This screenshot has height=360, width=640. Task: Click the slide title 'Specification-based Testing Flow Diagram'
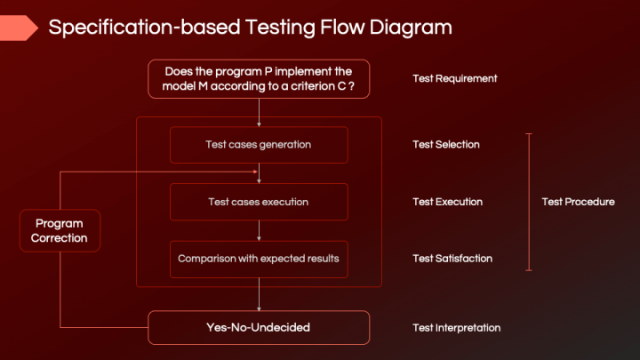(x=250, y=28)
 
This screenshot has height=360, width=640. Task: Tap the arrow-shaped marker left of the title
(x=18, y=28)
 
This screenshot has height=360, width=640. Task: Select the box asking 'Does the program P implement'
(x=259, y=78)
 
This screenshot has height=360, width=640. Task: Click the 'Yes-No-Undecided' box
(x=259, y=327)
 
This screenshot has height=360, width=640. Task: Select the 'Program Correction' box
(x=60, y=230)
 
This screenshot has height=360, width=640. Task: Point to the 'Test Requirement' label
(x=454, y=78)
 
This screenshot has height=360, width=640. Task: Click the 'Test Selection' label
(x=445, y=144)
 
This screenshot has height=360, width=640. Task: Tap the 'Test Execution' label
(x=447, y=202)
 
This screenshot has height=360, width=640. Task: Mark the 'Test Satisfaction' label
(x=452, y=259)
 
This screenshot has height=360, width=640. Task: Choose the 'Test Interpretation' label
(x=456, y=327)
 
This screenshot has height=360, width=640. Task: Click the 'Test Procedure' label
(x=578, y=202)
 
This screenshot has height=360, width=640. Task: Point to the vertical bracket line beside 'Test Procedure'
(x=529, y=202)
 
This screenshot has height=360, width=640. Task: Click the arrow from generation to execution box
(x=259, y=173)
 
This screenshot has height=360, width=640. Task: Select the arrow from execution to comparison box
(x=259, y=230)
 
